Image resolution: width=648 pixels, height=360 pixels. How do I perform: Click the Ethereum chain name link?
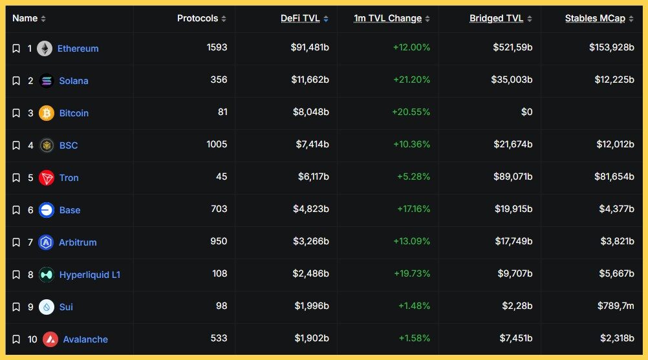coord(78,48)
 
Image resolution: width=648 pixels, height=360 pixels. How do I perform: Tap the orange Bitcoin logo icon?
coord(47,113)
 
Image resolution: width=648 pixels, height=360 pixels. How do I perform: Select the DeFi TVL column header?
coord(300,18)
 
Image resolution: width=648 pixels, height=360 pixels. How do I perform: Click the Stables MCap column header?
coord(595,18)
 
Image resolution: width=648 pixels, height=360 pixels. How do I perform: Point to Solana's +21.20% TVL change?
coord(411,81)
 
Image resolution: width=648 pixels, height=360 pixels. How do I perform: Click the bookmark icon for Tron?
coord(16,178)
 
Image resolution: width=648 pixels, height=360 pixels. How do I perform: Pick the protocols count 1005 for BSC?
coord(217,144)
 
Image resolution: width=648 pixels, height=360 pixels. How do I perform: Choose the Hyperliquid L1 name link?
coord(90,275)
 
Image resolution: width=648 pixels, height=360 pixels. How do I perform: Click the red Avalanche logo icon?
coord(50,339)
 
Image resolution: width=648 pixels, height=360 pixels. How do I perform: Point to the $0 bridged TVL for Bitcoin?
coord(526,112)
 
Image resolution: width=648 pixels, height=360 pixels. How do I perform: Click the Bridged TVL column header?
coord(496,18)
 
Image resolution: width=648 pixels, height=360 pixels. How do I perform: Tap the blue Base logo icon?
coord(47,210)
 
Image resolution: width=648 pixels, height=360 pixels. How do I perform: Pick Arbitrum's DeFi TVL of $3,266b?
coord(310,241)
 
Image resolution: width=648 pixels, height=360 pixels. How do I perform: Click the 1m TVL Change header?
coord(387,18)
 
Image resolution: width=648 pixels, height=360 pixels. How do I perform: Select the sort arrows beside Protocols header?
coord(224,19)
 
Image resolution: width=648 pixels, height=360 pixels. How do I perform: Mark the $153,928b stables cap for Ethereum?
coord(611,47)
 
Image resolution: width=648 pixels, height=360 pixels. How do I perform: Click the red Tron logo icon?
coord(47,178)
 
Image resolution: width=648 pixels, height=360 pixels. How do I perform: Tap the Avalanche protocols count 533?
coord(219,338)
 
